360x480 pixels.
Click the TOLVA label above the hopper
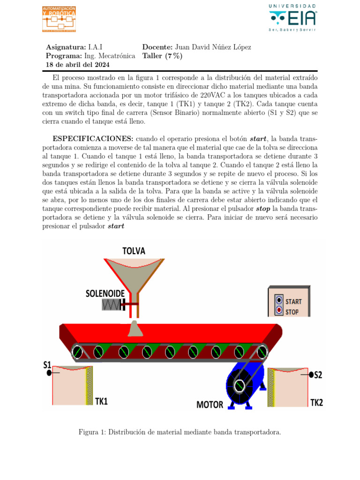tap(134, 251)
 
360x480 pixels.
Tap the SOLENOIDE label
tap(105, 293)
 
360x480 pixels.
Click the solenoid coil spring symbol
tap(111, 305)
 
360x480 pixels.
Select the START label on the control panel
tap(293, 301)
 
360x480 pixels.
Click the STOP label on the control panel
tap(292, 311)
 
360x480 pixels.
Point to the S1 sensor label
tap(47, 364)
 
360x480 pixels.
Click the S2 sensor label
tap(318, 375)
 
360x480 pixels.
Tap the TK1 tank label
tap(101, 401)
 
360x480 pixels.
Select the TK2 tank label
tap(317, 402)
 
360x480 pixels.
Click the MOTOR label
tap(210, 405)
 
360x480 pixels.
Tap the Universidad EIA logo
tap(293, 18)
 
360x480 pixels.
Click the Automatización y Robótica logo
tap(59, 19)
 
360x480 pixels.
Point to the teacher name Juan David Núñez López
tap(213, 47)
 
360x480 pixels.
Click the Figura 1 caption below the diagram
tap(180, 432)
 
